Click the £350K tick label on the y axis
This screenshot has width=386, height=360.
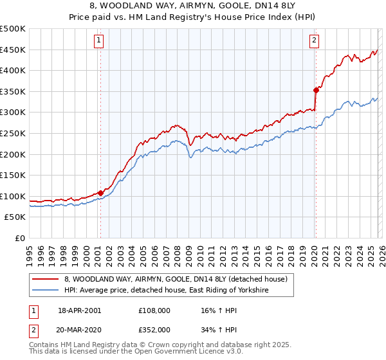(13, 92)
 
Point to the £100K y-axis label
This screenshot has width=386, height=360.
(13, 196)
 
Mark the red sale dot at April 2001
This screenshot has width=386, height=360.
(100, 193)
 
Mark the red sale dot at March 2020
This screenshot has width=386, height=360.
(315, 91)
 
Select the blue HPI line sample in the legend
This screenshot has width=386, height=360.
(46, 291)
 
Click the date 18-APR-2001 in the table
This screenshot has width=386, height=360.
(79, 310)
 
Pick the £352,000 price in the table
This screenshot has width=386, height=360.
(154, 329)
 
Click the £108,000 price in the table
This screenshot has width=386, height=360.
(154, 310)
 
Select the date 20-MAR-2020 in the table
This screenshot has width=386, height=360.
(80, 329)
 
